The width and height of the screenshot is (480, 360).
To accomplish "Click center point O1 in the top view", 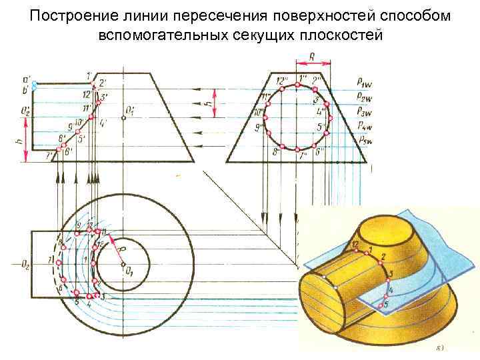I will tap(124, 265).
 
